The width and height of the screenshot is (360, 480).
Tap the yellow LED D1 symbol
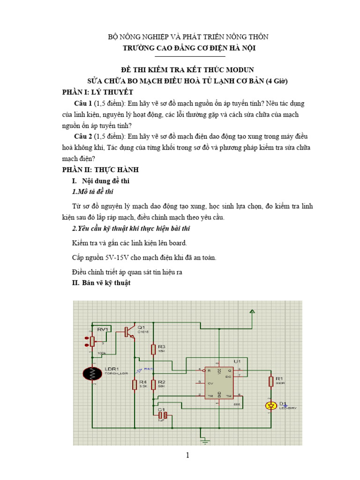(270, 406)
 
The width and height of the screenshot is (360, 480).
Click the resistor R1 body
(270, 382)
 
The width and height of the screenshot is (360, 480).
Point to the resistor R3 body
(153, 349)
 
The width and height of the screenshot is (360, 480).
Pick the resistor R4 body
(135, 384)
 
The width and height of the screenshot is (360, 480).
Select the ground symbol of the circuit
(204, 440)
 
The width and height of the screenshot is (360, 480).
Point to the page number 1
(187, 455)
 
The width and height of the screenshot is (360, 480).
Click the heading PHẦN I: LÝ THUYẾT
(98, 91)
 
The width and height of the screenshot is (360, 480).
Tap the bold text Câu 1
(83, 103)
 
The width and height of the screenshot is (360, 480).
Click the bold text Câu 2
(83, 136)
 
